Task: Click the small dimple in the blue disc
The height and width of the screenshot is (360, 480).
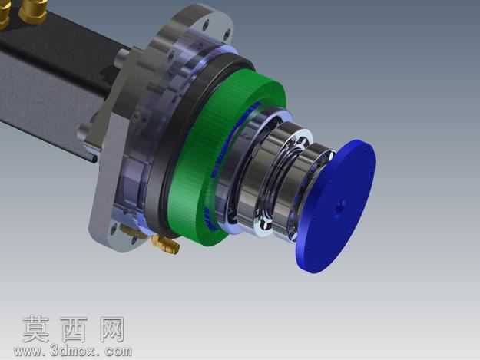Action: (339, 207)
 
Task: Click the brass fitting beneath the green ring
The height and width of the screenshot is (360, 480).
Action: (166, 244)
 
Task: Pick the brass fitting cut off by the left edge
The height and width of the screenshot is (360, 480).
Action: (5, 14)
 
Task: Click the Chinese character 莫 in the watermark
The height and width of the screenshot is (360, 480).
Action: (36, 329)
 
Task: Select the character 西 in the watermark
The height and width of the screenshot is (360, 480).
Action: (74, 329)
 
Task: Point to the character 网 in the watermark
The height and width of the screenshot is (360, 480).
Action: (112, 329)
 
